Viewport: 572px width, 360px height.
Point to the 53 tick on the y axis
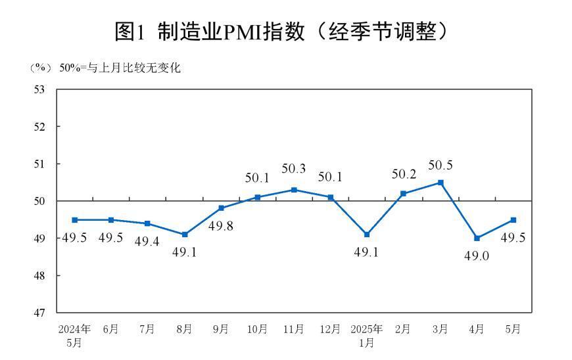(39, 89)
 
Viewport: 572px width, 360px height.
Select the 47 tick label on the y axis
(39, 313)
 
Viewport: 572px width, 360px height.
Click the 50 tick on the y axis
(39, 201)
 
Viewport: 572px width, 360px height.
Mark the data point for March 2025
(441, 183)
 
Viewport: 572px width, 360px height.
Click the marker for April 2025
(477, 238)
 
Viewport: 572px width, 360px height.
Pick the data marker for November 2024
(294, 190)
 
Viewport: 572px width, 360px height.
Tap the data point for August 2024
(185, 235)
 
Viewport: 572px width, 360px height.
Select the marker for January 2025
(367, 235)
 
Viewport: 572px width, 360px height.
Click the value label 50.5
(441, 166)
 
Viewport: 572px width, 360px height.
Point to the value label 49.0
(477, 256)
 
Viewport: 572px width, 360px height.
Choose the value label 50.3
(294, 169)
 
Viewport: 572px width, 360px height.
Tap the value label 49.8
(222, 227)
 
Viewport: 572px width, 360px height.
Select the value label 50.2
(403, 175)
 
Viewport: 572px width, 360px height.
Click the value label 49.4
(147, 242)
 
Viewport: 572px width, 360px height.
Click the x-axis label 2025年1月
(367, 335)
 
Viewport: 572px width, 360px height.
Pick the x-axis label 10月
(257, 329)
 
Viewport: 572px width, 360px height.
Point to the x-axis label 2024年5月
(74, 335)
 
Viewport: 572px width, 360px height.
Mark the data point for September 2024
(222, 208)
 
